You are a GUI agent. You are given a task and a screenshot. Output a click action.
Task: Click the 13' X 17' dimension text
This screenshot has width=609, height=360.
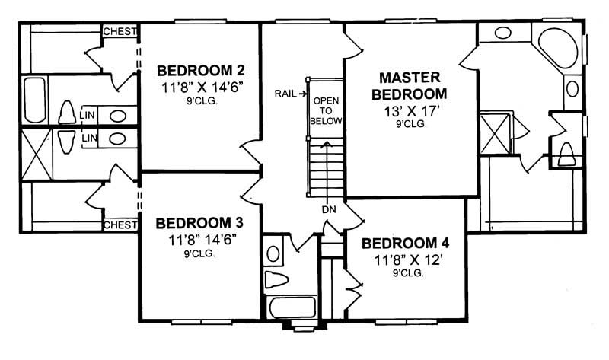coord(412,110)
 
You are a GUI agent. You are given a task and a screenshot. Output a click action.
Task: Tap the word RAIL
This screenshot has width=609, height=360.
coord(286,94)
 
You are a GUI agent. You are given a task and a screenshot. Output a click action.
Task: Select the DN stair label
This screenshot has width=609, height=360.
coord(328,209)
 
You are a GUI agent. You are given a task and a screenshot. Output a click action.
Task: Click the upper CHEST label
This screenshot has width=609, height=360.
coord(120,31)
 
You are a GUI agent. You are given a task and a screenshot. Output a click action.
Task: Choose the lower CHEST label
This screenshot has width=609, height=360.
coord(120,225)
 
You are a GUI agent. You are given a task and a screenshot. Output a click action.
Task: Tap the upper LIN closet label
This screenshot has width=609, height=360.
coord(88,116)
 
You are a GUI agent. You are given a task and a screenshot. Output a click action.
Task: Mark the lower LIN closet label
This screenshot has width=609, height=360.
coord(88,138)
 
